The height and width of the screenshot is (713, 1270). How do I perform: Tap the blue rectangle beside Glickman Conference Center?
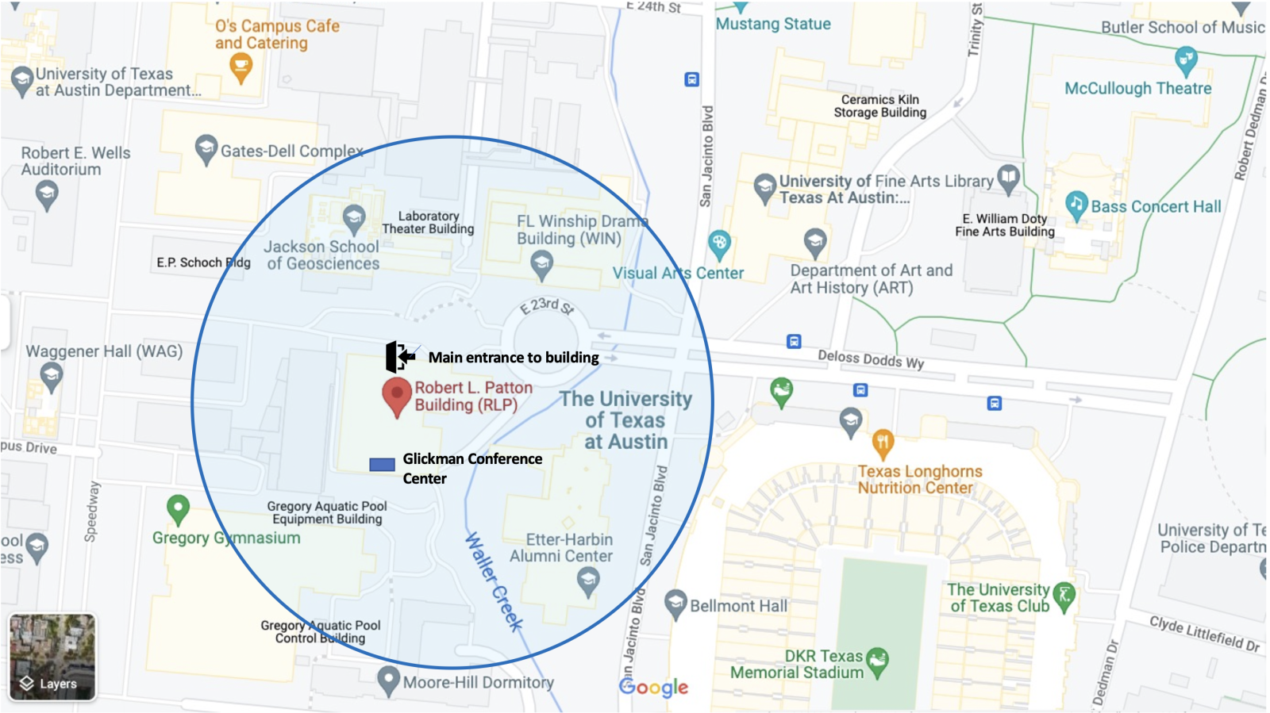click(382, 464)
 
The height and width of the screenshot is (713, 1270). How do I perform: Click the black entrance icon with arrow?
click(399, 357)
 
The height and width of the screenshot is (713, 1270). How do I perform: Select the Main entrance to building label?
click(514, 358)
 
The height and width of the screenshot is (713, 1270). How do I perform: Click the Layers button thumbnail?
click(52, 657)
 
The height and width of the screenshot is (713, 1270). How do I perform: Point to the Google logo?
click(653, 687)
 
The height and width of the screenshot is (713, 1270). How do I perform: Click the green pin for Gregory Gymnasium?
click(178, 508)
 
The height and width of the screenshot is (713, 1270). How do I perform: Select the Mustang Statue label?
click(773, 24)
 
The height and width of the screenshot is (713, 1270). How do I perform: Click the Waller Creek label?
click(493, 581)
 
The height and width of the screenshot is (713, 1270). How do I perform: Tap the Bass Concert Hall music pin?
click(1076, 205)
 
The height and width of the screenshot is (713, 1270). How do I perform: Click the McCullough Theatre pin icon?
click(1185, 59)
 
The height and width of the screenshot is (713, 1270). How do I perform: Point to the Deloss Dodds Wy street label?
click(871, 359)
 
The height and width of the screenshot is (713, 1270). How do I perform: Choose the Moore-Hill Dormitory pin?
click(388, 680)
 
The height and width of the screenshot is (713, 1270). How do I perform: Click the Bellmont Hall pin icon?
click(675, 604)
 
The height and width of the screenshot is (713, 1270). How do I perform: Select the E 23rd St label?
click(547, 305)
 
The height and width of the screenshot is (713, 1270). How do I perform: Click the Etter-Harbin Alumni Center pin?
click(587, 581)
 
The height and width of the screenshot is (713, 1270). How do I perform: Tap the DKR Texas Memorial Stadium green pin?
click(877, 661)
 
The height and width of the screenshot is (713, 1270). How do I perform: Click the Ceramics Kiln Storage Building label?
click(879, 105)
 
